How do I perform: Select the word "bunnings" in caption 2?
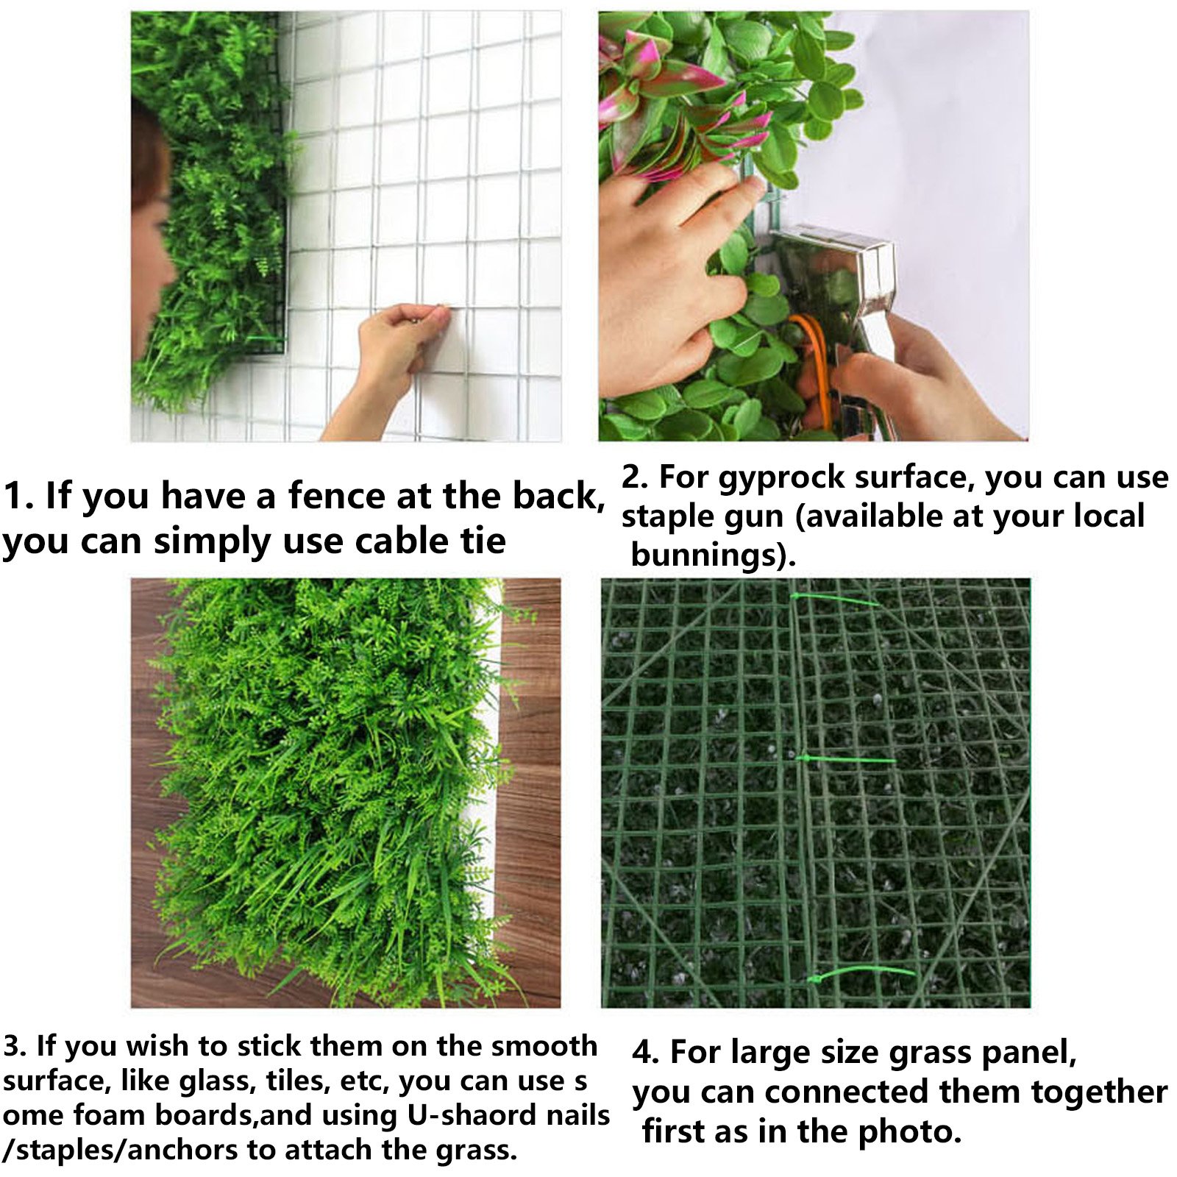[704, 555]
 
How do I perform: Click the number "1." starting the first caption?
[18, 497]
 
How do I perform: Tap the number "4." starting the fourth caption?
[645, 1053]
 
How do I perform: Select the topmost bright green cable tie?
[834, 600]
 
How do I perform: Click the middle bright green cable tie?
[846, 759]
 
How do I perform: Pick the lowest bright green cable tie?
[861, 975]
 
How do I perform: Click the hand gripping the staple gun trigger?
[920, 375]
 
